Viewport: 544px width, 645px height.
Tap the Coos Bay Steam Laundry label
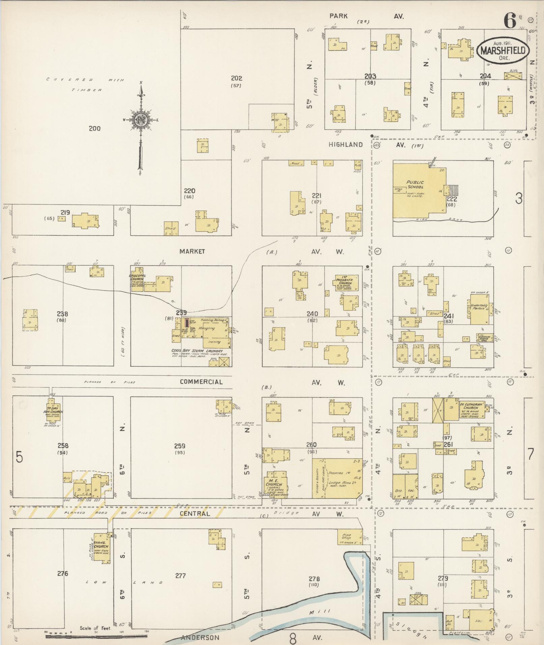197,351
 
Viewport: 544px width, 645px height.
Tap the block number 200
94,128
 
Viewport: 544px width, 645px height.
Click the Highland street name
346,145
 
